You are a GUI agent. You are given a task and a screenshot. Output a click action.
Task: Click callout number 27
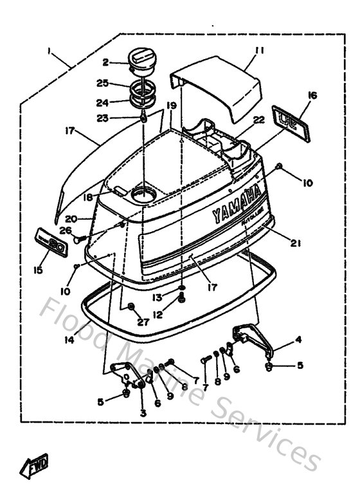[x=143, y=322]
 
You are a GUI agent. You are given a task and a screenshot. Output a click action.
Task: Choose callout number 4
[x=297, y=339]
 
